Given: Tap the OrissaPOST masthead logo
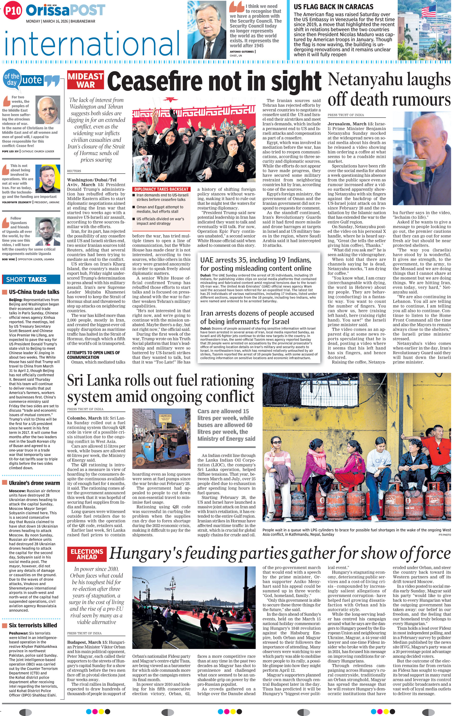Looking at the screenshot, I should (x=65, y=10).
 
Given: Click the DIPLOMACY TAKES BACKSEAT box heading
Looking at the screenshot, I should (x=161, y=189).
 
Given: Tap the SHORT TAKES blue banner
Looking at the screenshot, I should (x=31, y=279).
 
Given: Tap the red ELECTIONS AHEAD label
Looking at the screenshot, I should (x=87, y=554).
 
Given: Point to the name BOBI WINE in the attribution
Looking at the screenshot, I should (x=9, y=259).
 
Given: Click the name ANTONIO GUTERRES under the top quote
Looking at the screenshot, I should (x=242, y=52).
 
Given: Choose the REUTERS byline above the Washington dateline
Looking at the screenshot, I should (x=74, y=171).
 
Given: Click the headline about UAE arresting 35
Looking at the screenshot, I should (x=255, y=264).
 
